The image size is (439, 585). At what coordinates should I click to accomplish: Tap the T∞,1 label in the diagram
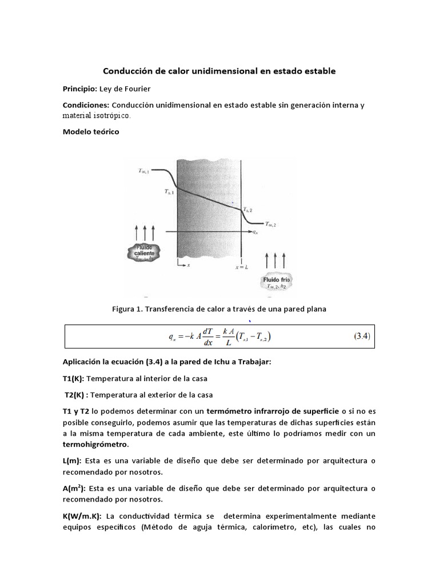click(x=144, y=171)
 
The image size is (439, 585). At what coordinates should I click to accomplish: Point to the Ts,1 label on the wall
click(x=169, y=193)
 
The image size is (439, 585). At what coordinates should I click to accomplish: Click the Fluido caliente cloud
click(x=145, y=252)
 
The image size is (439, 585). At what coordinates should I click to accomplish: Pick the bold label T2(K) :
click(x=76, y=394)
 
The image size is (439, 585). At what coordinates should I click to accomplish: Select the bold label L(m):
click(x=72, y=460)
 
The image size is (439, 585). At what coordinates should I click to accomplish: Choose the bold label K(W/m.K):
click(x=82, y=516)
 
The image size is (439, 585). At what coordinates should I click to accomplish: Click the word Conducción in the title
click(x=129, y=71)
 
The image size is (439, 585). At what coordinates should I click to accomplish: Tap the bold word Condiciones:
click(x=86, y=105)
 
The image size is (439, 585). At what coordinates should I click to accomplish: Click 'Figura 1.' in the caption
click(x=127, y=309)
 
